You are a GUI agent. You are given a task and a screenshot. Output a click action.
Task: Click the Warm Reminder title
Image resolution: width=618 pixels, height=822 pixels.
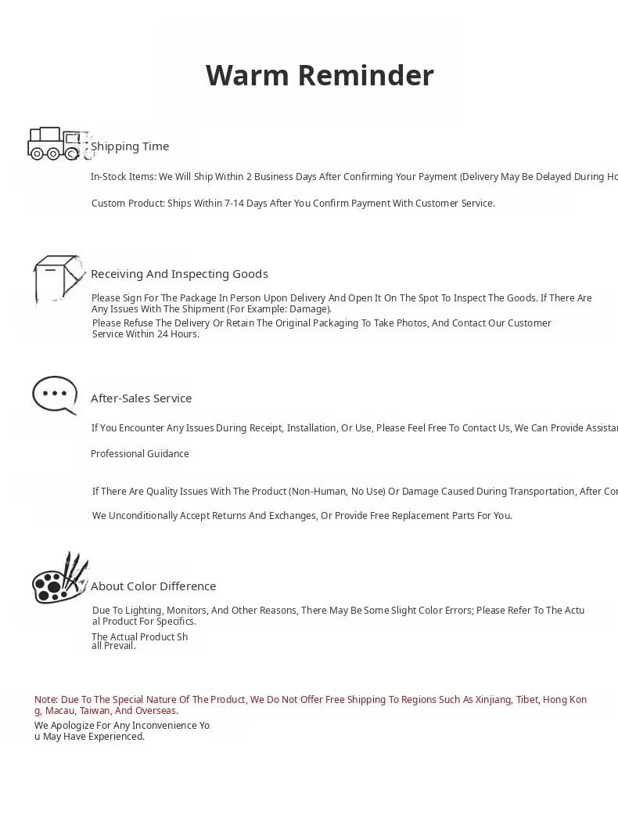pyautogui.click(x=319, y=76)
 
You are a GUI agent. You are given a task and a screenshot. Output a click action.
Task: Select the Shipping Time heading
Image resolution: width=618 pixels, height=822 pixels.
pyautogui.click(x=130, y=146)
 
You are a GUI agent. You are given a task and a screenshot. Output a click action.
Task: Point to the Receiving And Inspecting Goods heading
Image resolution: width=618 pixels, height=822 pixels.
pyautogui.click(x=179, y=274)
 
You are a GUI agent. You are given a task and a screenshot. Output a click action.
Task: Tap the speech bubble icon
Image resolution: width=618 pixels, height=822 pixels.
pyautogui.click(x=55, y=395)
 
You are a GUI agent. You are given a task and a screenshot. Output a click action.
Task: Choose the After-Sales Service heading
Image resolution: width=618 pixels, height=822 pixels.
pyautogui.click(x=141, y=398)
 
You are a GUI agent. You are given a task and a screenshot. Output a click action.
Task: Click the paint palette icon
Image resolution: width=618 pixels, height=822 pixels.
pyautogui.click(x=59, y=580)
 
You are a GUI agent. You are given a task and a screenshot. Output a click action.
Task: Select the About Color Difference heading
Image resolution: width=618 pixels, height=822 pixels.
pyautogui.click(x=153, y=586)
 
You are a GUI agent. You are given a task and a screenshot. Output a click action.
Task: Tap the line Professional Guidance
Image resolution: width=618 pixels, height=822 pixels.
pyautogui.click(x=140, y=454)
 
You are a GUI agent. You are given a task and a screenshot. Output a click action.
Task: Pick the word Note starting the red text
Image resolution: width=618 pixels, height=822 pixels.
pyautogui.click(x=45, y=700)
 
